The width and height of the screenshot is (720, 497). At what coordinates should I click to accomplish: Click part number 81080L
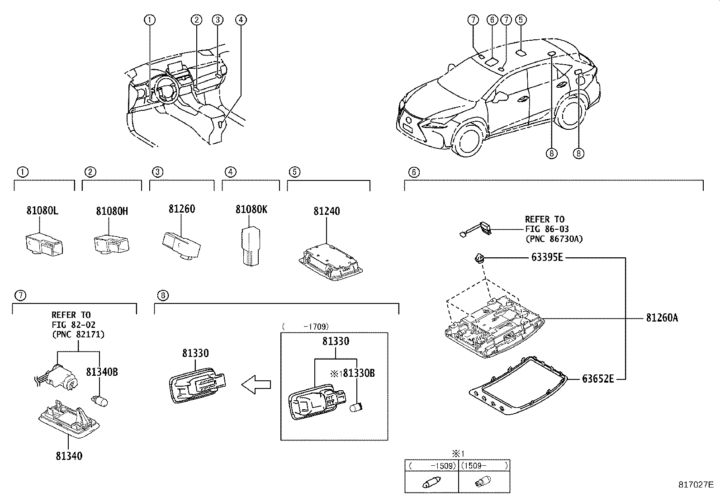click(43, 210)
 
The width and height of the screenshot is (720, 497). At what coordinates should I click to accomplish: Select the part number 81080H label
click(112, 211)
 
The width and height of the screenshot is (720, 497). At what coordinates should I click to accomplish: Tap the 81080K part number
click(251, 209)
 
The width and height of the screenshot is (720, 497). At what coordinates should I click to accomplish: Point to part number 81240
click(327, 211)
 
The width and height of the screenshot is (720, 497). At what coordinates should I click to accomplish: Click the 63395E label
click(547, 258)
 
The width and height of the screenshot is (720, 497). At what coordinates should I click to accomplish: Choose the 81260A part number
click(662, 318)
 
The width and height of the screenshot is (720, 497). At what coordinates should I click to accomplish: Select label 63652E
click(598, 379)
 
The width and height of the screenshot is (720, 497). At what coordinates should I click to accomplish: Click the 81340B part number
click(102, 372)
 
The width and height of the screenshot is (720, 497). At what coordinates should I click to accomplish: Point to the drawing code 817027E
click(695, 484)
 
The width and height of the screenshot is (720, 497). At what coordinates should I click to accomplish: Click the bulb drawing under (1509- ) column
click(482, 483)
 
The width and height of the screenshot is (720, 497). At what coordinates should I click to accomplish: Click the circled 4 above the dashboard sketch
click(241, 19)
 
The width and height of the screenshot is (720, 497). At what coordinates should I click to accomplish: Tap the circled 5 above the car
click(521, 19)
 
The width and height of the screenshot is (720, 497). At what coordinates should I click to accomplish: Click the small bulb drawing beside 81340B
click(99, 400)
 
